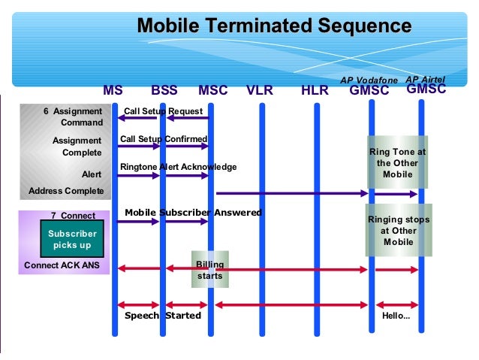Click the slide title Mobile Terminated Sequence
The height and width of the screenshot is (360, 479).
[x=274, y=26]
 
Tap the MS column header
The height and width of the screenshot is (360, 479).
[x=113, y=91]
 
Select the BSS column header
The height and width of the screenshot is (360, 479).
[x=164, y=91]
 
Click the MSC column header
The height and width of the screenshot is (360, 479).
[x=213, y=91]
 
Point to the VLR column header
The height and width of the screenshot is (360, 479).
[x=260, y=91]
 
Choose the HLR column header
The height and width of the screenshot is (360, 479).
[x=315, y=91]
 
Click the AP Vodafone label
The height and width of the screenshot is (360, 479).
[x=369, y=79]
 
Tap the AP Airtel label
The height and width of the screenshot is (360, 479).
[x=425, y=78]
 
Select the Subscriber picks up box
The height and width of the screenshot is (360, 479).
[x=72, y=240]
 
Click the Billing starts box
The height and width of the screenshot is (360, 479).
[x=209, y=270]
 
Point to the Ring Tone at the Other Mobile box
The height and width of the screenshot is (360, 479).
[x=397, y=162]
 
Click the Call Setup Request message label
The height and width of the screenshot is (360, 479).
[x=163, y=111]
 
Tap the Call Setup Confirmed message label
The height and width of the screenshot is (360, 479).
[x=164, y=139]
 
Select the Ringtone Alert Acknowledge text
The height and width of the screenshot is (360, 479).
[x=178, y=167]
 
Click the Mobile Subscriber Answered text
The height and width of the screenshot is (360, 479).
[x=193, y=213]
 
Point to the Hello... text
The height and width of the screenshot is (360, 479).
[x=396, y=316]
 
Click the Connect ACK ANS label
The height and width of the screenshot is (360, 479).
[x=62, y=265]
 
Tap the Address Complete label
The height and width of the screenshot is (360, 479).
[x=66, y=191]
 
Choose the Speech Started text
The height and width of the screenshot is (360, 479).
[x=162, y=316]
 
